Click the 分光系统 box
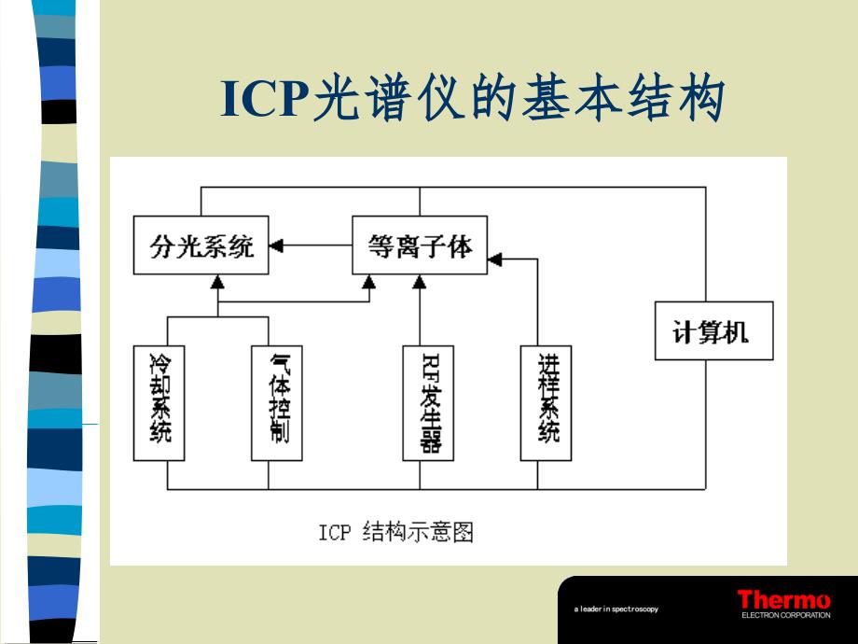pos(201,246)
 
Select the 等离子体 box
pos(420,246)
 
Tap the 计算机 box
pos(713,331)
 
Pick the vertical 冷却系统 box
pos(159,402)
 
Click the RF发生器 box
pos(428,402)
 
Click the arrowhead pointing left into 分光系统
pos(276,246)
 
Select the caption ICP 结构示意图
pos(396,533)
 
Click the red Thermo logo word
pos(783,600)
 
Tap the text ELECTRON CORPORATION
pos(785,615)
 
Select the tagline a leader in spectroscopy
pos(616,609)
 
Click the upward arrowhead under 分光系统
pos(218,280)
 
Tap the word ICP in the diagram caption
pos(334,533)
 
